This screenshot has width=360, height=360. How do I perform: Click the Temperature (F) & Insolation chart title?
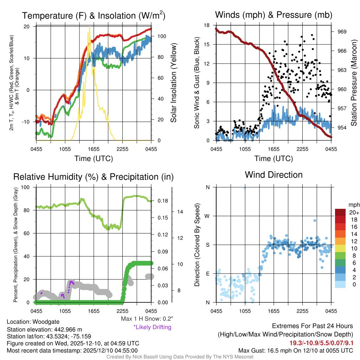(94, 15)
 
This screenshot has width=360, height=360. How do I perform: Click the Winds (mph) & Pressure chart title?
(274, 15)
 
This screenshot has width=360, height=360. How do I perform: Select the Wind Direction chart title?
(274, 175)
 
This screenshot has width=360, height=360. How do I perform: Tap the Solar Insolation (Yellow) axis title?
(173, 83)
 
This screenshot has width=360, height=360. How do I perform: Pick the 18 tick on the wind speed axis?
(207, 25)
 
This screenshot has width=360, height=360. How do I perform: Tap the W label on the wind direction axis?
(207, 216)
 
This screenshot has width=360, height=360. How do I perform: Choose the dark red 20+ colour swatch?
(340, 212)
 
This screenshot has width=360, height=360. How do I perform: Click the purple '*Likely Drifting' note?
(152, 327)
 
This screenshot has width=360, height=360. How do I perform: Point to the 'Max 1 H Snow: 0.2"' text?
(147, 319)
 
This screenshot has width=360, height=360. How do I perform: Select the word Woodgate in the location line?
(47, 322)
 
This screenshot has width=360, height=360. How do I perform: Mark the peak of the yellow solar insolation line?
(90, 27)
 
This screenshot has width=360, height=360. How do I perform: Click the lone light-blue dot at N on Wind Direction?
(244, 188)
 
